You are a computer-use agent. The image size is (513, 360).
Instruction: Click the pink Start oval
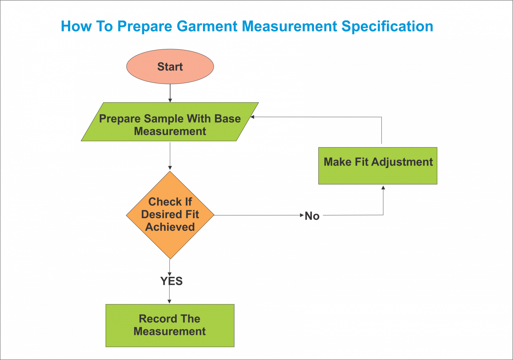click(170, 67)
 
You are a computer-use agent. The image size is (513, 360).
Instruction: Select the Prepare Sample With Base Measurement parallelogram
click(170, 122)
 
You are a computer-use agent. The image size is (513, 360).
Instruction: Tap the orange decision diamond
click(170, 215)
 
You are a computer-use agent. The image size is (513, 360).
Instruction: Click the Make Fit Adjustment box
click(377, 166)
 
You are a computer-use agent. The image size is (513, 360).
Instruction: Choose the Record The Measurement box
click(170, 325)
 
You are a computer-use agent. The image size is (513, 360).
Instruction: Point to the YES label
click(171, 281)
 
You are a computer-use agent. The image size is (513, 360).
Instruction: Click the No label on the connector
click(312, 216)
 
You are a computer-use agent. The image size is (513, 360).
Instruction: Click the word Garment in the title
click(207, 26)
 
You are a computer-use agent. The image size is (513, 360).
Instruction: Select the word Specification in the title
click(387, 26)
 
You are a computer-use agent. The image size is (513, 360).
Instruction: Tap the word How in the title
click(76, 26)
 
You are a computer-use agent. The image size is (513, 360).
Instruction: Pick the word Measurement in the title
click(289, 26)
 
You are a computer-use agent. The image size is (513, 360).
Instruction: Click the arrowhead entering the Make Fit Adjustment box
click(383, 188)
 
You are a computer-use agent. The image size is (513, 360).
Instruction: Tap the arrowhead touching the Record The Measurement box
click(169, 301)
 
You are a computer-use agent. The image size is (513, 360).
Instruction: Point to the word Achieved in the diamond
click(170, 227)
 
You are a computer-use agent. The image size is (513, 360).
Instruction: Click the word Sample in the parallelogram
click(164, 119)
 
